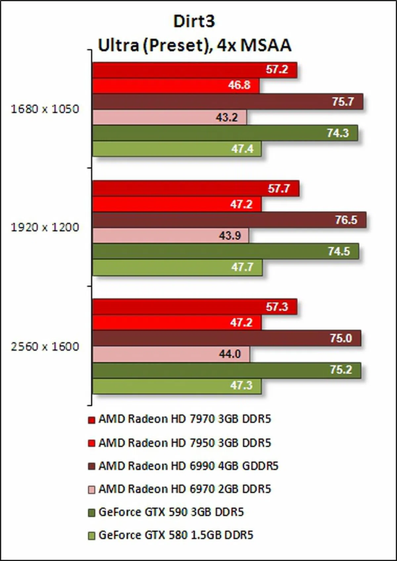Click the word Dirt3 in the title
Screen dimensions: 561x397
point(194,21)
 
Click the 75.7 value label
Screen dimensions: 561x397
point(343,101)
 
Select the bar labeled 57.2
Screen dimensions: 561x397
point(195,70)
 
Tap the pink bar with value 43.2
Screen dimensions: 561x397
point(169,117)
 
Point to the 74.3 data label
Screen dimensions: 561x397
point(338,133)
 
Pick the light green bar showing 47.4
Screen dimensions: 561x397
point(177,149)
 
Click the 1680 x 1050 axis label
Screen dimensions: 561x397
point(45,109)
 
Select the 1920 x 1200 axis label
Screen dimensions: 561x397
point(45,227)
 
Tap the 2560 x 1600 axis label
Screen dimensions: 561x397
point(45,346)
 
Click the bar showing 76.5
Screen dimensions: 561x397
point(229,220)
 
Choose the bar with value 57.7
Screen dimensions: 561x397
point(196,188)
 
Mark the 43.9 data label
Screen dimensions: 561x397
point(230,236)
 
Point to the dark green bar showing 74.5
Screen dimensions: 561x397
point(225,252)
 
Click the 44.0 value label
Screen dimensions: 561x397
point(230,354)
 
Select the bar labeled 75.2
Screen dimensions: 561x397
point(226,370)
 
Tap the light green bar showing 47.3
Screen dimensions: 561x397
point(177,386)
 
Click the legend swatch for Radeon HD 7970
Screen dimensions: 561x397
point(92,420)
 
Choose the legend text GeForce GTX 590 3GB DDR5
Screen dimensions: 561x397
point(171,512)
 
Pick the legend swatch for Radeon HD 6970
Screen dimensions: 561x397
point(92,490)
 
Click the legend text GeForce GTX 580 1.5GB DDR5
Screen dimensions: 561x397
point(176,535)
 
